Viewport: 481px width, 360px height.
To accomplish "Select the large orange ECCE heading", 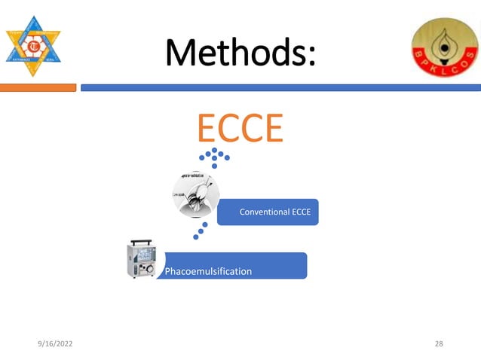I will point(240,128).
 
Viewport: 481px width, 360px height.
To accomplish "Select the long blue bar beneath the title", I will point(280,88).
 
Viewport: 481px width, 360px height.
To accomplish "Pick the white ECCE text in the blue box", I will point(302,212).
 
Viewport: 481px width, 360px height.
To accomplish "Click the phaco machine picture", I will point(141,259).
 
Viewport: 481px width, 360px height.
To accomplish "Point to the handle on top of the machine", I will point(141,243).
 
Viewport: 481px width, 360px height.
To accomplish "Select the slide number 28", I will point(440,344).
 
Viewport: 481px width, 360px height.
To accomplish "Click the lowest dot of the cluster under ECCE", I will point(215,166).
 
